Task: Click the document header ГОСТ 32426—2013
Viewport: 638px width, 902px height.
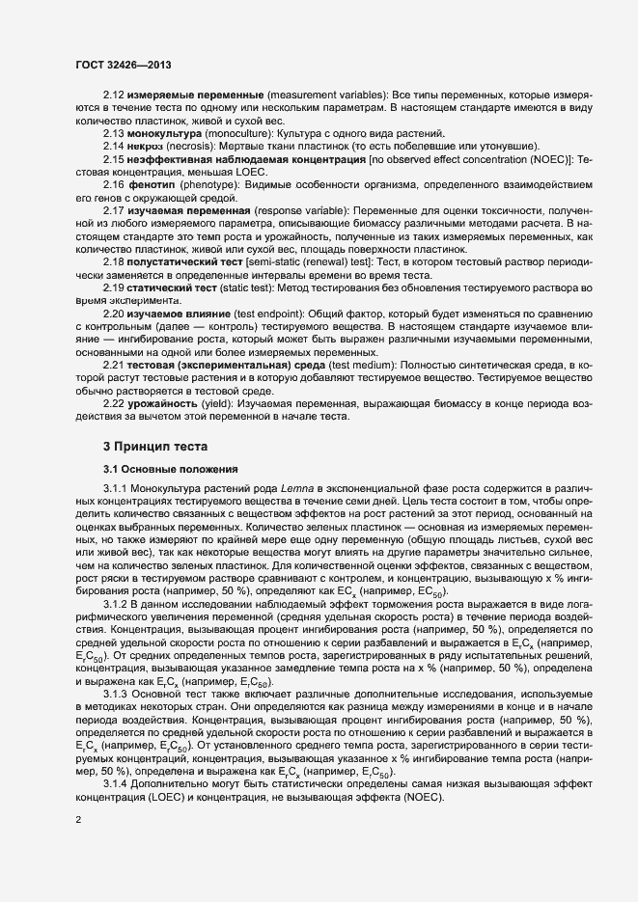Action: (124, 64)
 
